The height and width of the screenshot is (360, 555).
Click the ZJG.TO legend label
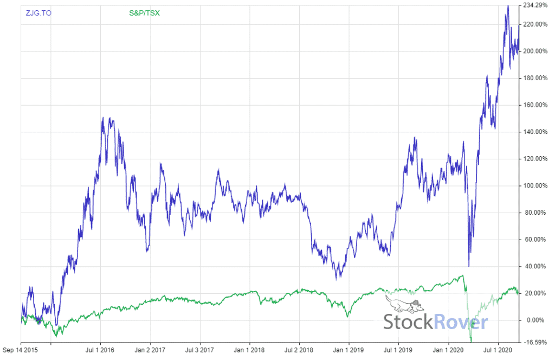[x=38, y=12]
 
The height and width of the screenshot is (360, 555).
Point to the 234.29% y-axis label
[x=535, y=5]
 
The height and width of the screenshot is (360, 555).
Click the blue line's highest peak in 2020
[x=508, y=6]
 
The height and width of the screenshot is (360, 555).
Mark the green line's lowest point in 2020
[x=471, y=342]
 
